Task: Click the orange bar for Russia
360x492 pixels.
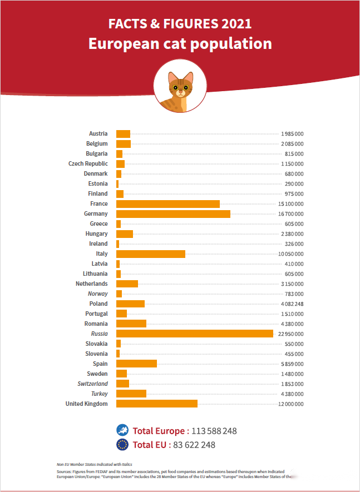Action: click(194, 334)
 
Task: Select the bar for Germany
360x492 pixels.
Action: click(173, 213)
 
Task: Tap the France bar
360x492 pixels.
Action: click(167, 203)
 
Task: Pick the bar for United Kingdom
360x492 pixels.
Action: click(156, 404)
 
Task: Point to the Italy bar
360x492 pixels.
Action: click(150, 254)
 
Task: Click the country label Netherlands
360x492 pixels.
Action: click(92, 284)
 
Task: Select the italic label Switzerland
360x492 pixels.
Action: click(92, 384)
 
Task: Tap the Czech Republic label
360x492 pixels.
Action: click(88, 163)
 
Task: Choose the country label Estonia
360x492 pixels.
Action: click(98, 183)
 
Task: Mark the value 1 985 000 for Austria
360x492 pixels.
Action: click(292, 134)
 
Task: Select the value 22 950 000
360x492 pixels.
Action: click(290, 334)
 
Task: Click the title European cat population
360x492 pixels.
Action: click(180, 43)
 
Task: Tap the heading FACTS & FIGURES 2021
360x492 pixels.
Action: click(180, 24)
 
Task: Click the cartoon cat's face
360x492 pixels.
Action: click(180, 86)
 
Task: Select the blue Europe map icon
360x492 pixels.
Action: click(122, 430)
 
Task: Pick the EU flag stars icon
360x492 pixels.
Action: click(122, 444)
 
